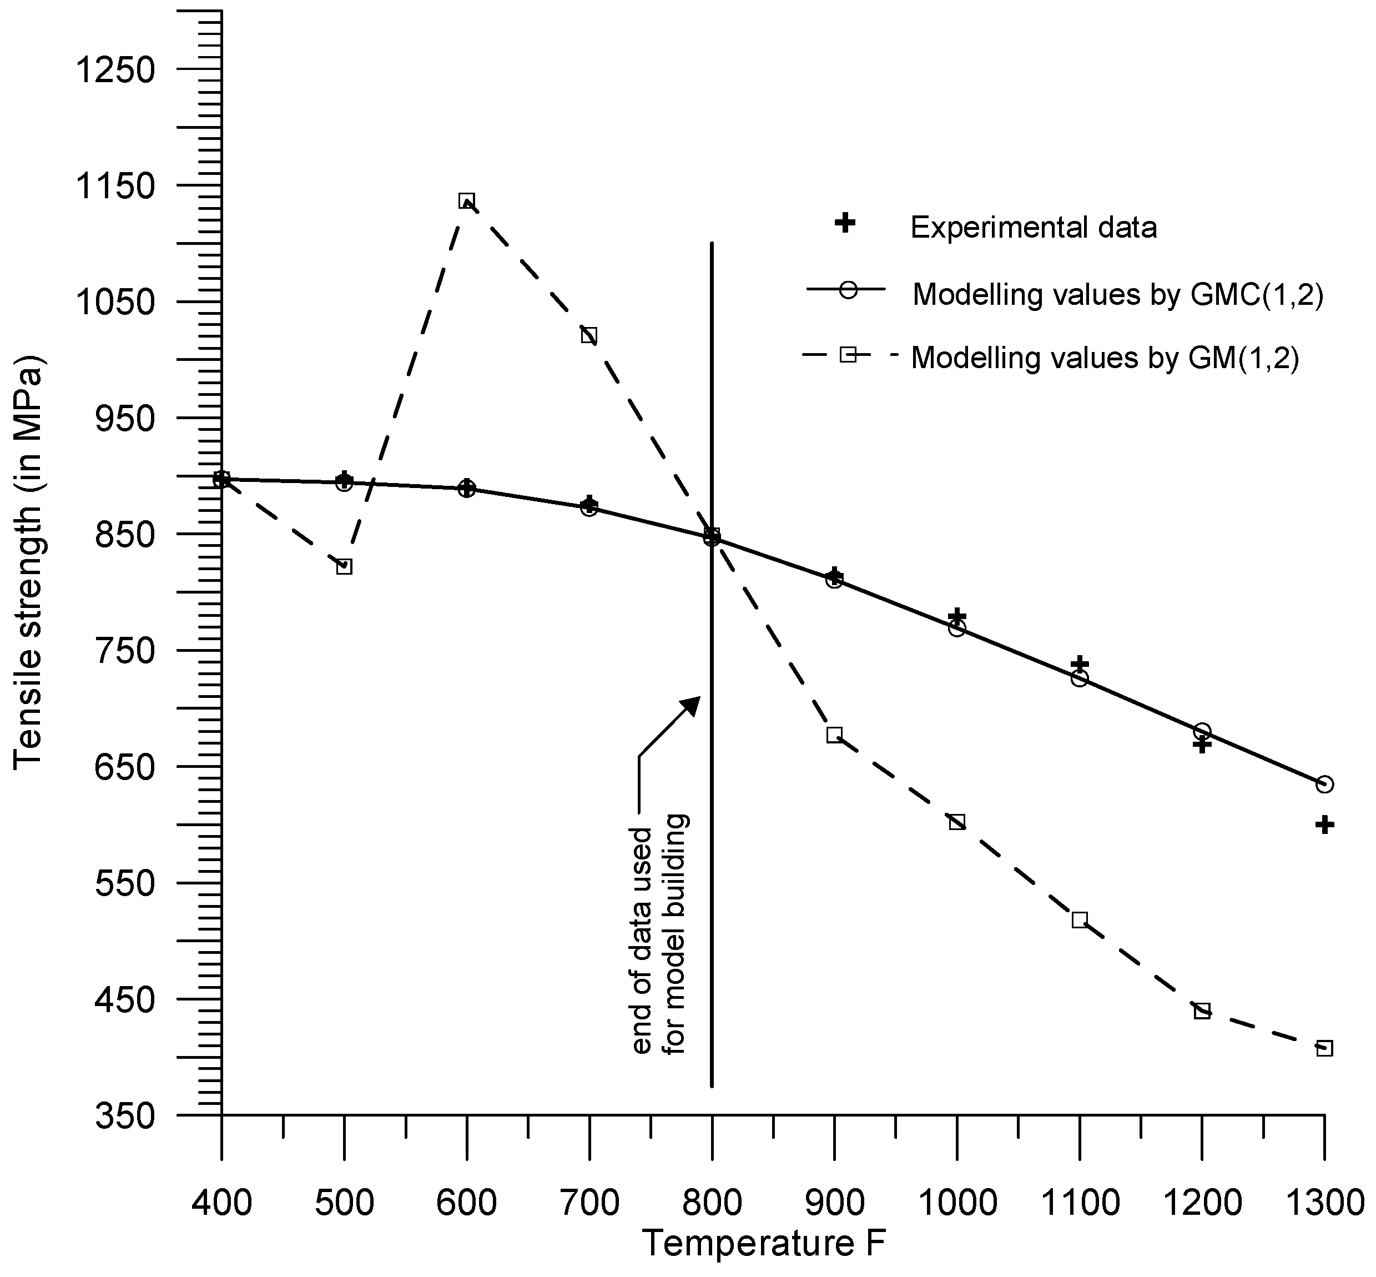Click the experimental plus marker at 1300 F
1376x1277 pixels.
click(1323, 824)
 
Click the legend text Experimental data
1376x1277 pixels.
click(1034, 227)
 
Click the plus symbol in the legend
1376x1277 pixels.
click(845, 223)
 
